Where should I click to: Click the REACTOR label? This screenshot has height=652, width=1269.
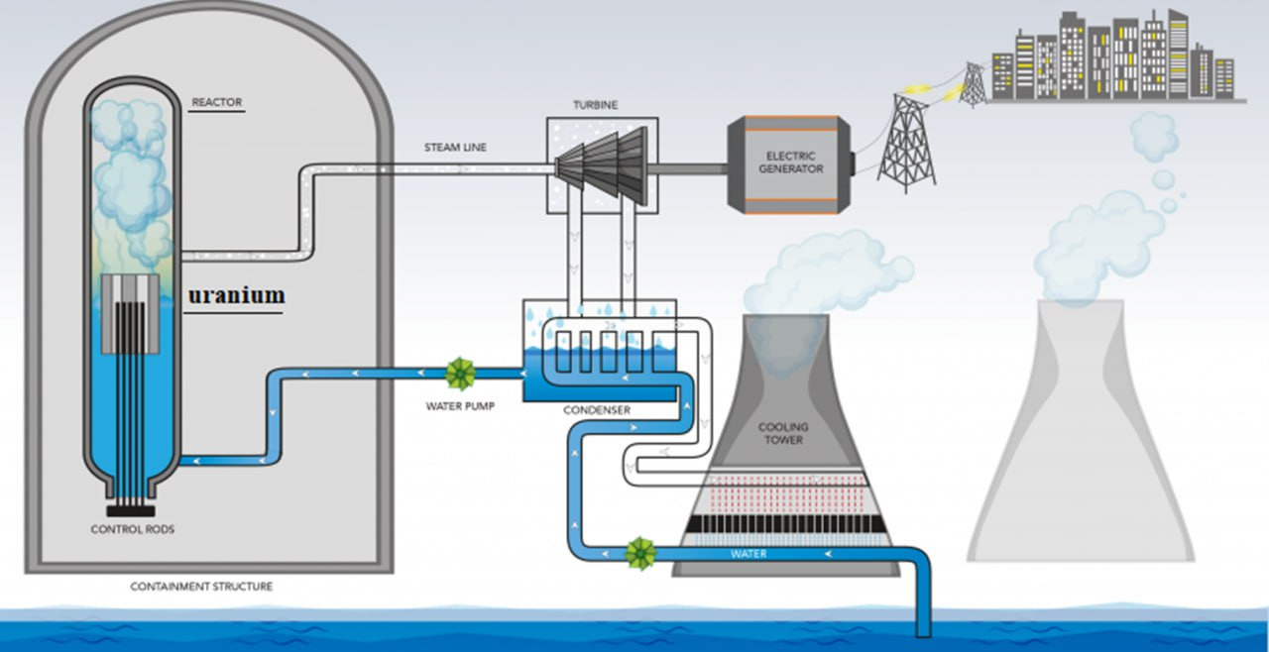pyautogui.click(x=216, y=102)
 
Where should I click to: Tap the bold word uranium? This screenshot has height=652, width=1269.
pyautogui.click(x=237, y=295)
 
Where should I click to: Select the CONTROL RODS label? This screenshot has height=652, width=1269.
pyautogui.click(x=132, y=529)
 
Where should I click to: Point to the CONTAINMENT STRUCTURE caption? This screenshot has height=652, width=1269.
pyautogui.click(x=201, y=587)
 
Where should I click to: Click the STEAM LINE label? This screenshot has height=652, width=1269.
pyautogui.click(x=455, y=148)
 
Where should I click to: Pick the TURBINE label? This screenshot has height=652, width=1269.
pyautogui.click(x=595, y=104)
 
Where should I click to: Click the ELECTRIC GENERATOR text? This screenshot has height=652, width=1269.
pyautogui.click(x=790, y=162)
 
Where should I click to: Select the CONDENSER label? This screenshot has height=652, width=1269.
pyautogui.click(x=596, y=409)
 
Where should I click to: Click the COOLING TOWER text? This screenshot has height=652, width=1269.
pyautogui.click(x=783, y=434)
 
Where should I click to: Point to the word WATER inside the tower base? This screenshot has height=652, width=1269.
pyautogui.click(x=749, y=554)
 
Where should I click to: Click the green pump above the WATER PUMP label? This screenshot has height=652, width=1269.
pyautogui.click(x=460, y=374)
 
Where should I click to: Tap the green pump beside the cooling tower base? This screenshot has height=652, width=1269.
pyautogui.click(x=640, y=553)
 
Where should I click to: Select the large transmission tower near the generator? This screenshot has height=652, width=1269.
pyautogui.click(x=906, y=139)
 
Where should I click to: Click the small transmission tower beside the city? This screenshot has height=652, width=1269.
pyautogui.click(x=974, y=85)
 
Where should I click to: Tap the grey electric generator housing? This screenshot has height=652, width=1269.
pyautogui.click(x=790, y=163)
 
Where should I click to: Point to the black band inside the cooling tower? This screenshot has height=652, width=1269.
pyautogui.click(x=783, y=523)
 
